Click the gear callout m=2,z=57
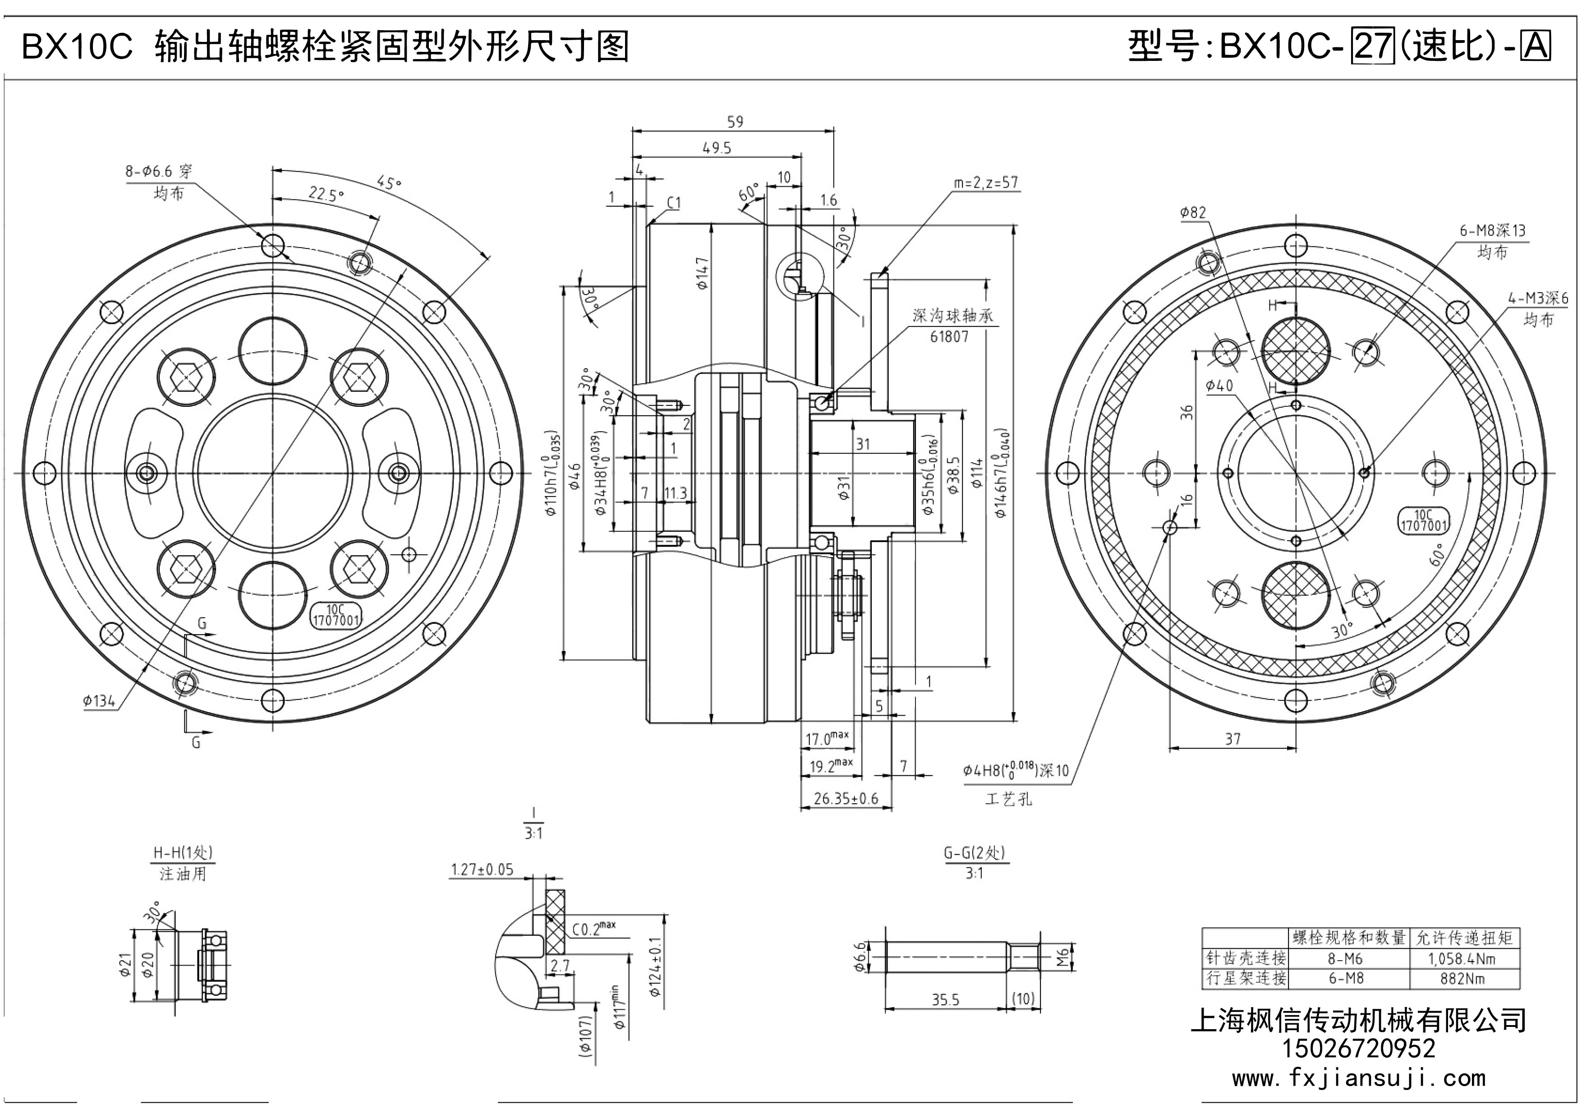coord(985,183)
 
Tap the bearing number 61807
coord(949,337)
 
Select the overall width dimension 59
coord(735,122)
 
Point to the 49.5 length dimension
coord(717,148)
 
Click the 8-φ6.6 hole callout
coord(158,171)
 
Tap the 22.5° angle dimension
coord(327,194)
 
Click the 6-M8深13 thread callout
coord(1492,231)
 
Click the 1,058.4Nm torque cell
coord(1462,959)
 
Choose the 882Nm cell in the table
coord(1462,979)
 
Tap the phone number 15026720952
coord(1358,1049)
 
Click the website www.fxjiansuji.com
coord(1358,1078)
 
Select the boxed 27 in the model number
coord(1370,47)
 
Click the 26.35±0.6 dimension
coord(846,798)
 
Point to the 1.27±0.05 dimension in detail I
coord(483,870)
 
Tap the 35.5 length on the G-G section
coord(945,999)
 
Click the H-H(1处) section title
coord(183,853)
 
